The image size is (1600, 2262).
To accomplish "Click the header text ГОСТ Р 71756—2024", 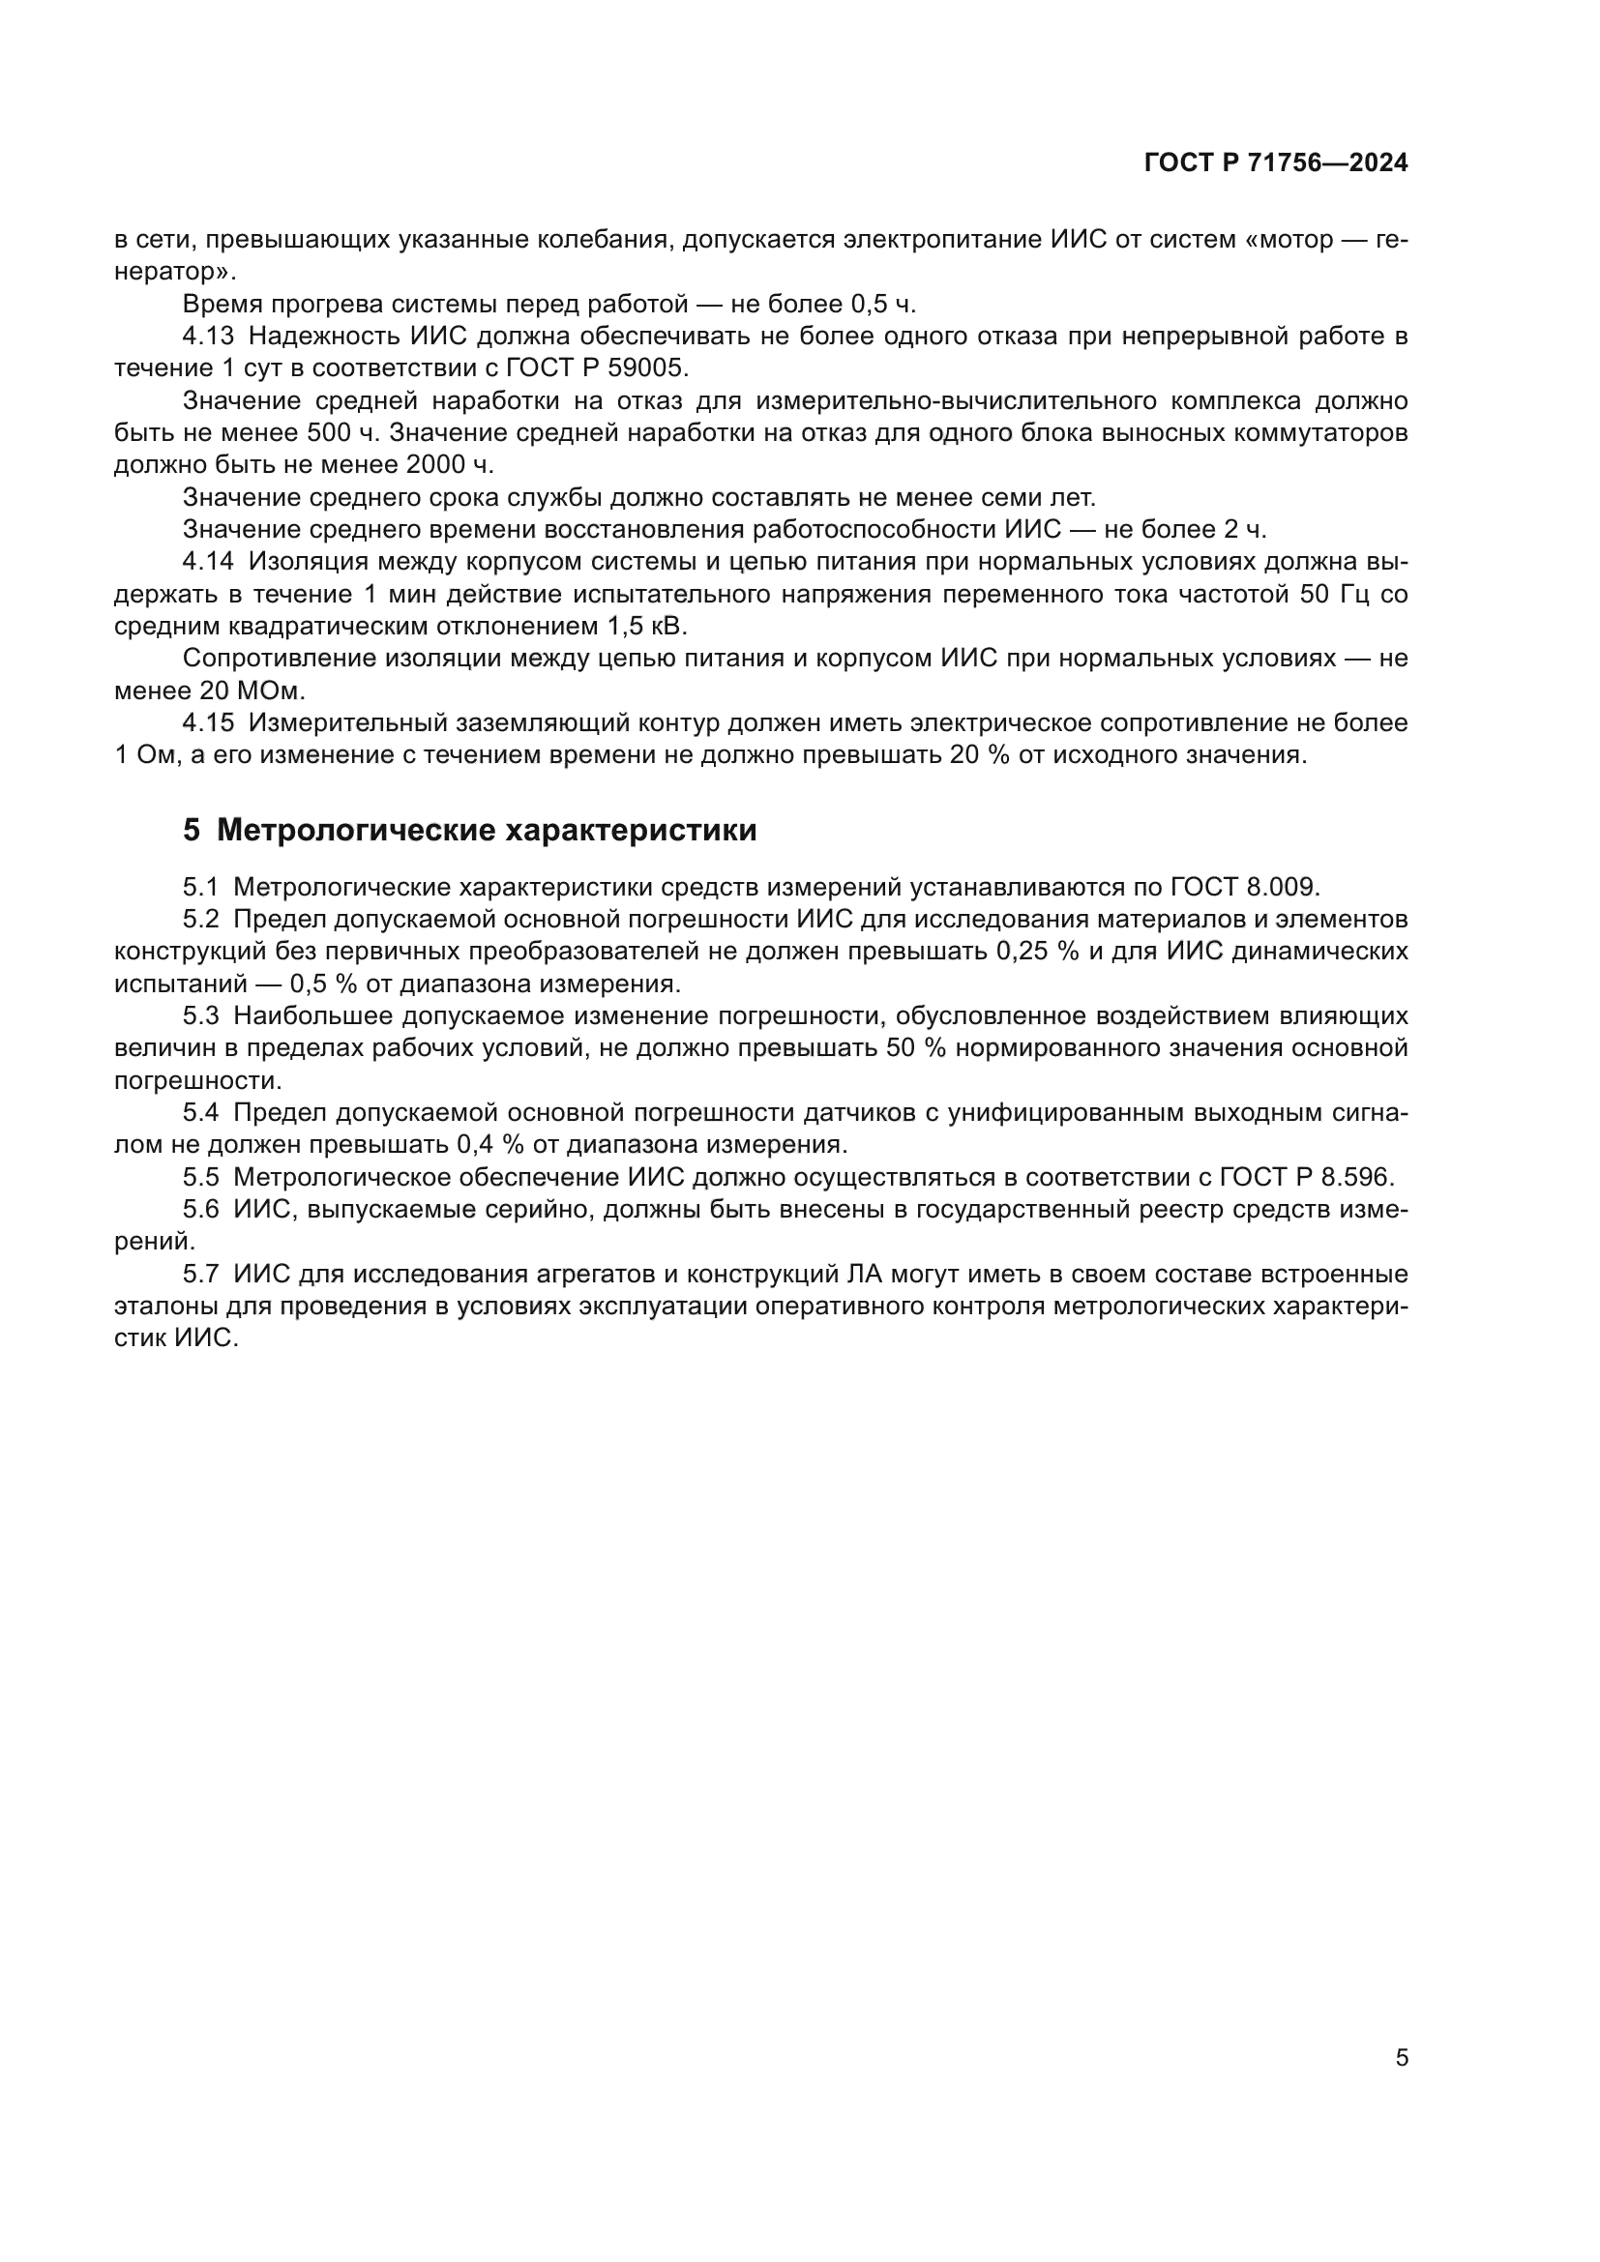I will pos(1276,163).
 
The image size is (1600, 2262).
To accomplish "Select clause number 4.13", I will pos(208,336).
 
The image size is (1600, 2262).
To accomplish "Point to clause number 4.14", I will pos(208,562).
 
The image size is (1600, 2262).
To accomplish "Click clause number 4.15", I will pos(208,723).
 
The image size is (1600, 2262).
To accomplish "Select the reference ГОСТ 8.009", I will pos(1243,887).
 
